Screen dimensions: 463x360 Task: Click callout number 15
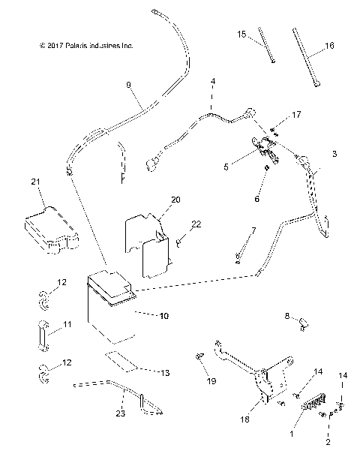pos(241,35)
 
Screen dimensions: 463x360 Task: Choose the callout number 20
pos(175,200)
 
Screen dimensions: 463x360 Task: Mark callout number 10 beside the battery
pos(163,316)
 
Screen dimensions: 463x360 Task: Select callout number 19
pos(211,382)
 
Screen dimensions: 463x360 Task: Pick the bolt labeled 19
pos(199,356)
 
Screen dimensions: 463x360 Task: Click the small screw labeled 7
pos(238,257)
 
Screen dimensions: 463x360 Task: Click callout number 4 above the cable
pos(212,80)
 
